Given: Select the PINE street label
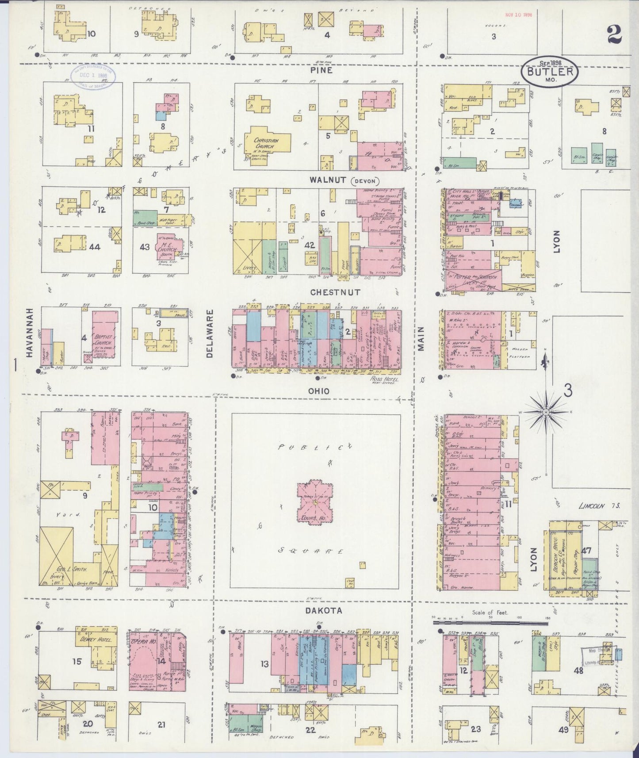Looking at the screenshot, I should pos(321,70).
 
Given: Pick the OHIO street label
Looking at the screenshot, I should pos(319,391).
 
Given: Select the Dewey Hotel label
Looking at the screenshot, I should pos(95,639).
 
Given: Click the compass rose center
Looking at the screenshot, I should pos(546,412).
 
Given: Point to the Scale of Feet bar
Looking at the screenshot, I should pos(490,623).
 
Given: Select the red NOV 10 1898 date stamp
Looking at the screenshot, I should pos(518,15).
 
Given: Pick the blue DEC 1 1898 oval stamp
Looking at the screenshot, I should pos(93,76).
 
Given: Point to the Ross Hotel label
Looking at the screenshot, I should pos(384,379).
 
